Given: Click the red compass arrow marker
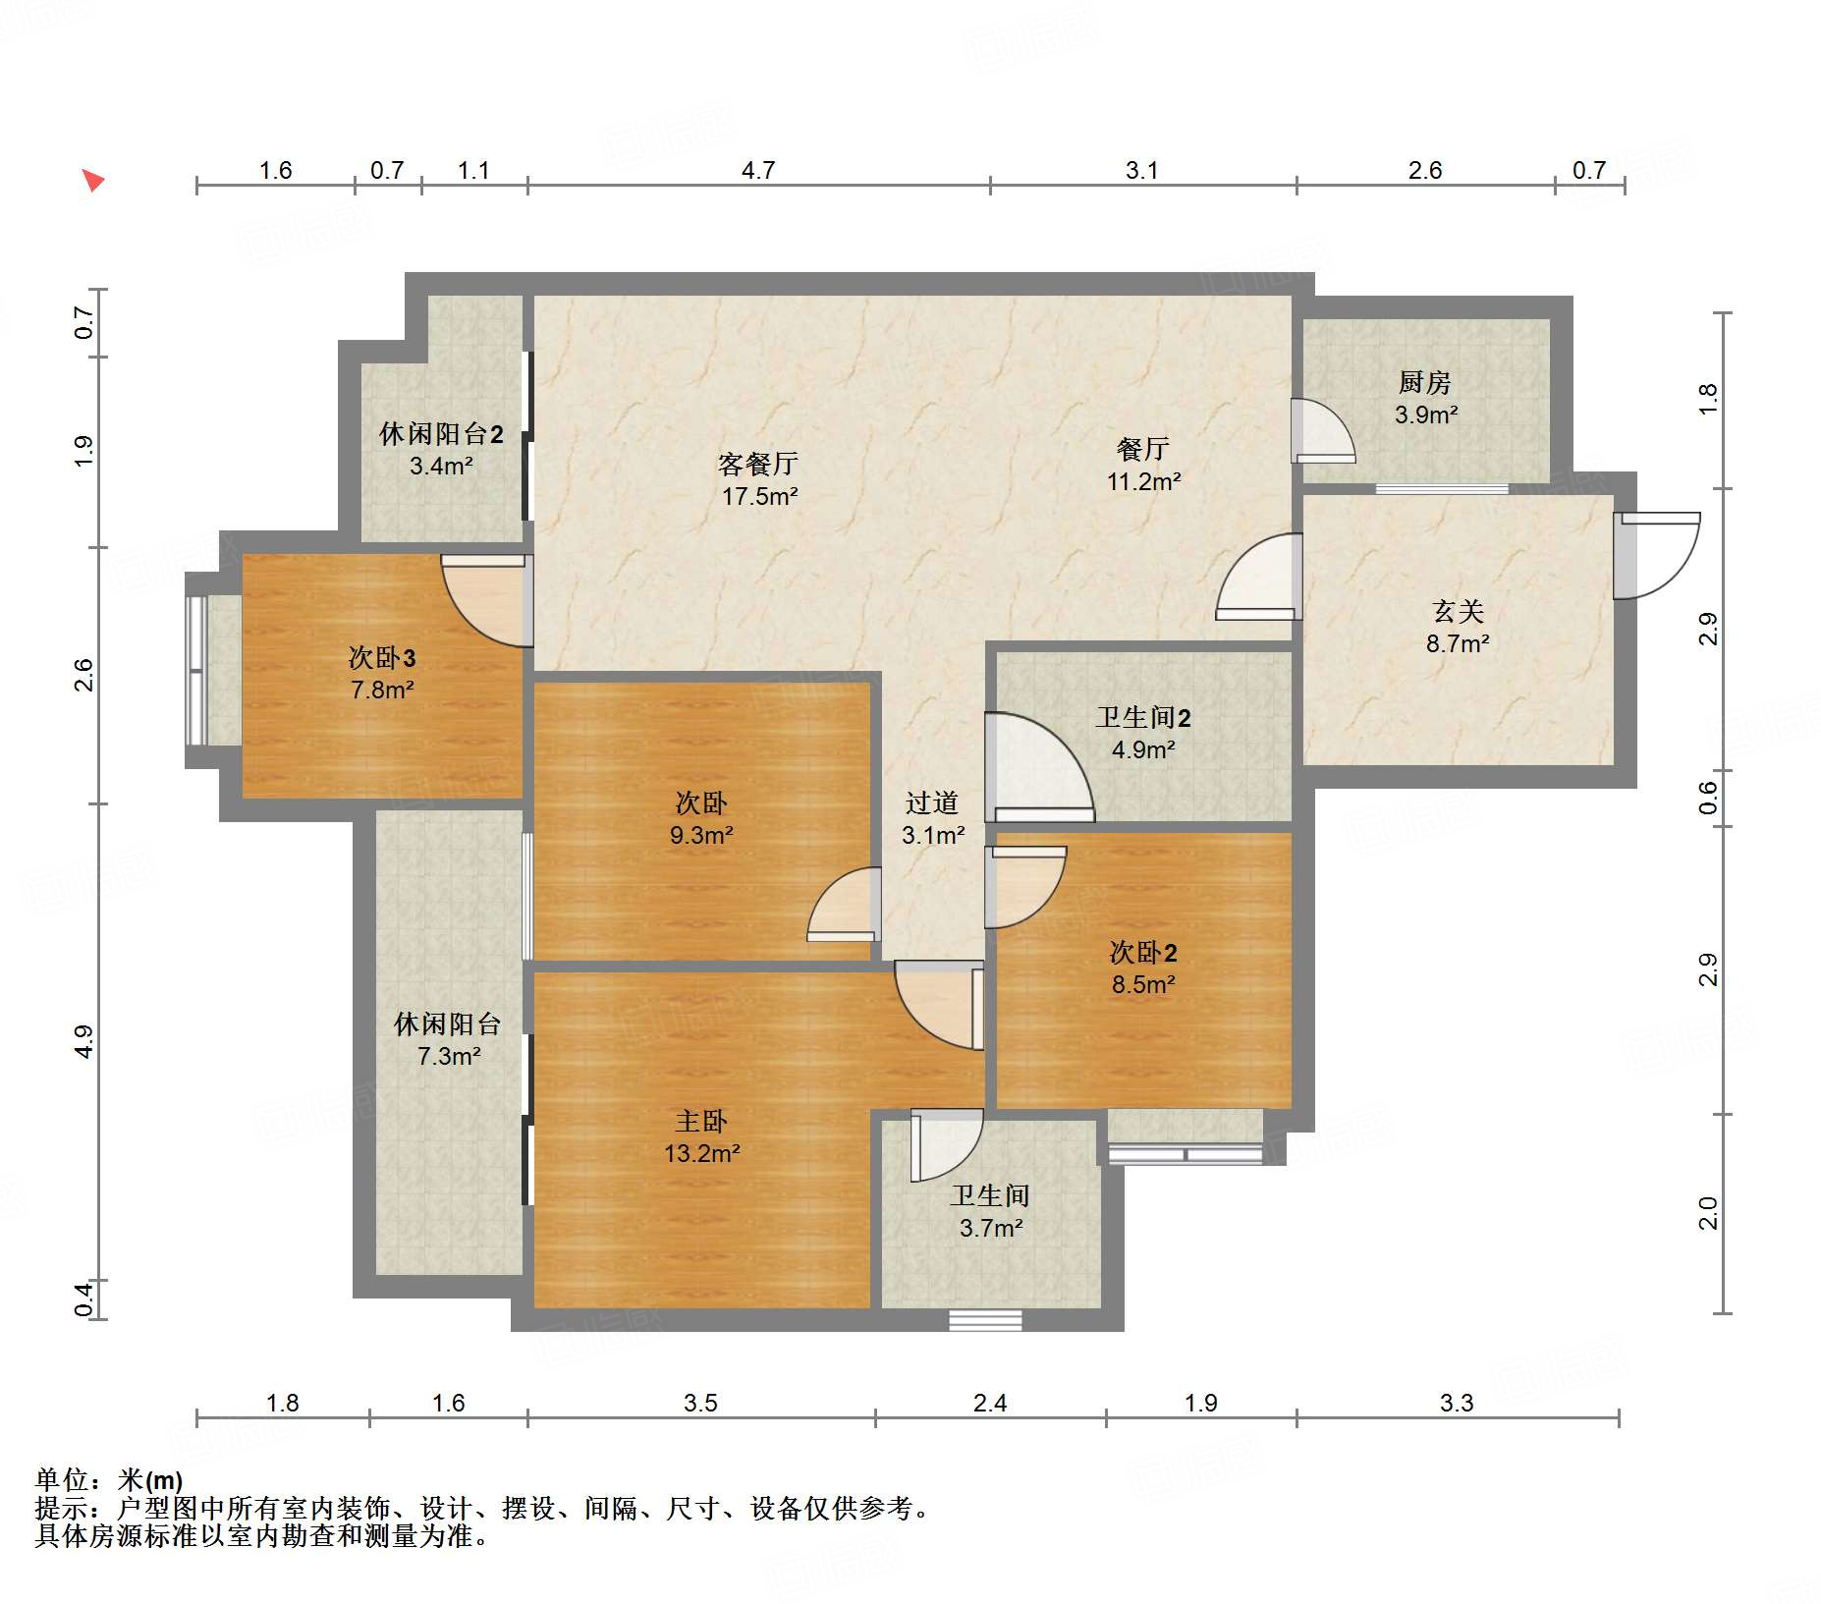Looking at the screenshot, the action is [x=93, y=181].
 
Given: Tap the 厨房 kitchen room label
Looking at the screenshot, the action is [x=1424, y=382].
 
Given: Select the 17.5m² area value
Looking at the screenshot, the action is [x=759, y=497].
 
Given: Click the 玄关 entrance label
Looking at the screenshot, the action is [x=1458, y=612].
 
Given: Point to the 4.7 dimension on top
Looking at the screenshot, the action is [x=758, y=171].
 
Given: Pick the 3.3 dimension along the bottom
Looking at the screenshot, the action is [x=1457, y=1403].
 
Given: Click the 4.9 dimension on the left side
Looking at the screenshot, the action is [x=84, y=1041].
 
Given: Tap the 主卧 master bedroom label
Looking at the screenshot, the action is [x=701, y=1122].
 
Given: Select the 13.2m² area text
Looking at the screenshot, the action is [x=701, y=1153].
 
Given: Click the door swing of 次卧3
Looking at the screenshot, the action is [x=483, y=601].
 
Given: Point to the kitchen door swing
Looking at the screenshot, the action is [x=1323, y=430].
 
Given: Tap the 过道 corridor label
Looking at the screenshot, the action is [x=932, y=803].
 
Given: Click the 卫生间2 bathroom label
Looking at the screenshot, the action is [x=1143, y=718].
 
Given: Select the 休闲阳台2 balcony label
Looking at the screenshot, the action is [x=441, y=434].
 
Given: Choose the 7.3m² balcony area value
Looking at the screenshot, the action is [x=449, y=1056].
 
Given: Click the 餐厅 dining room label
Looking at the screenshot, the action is [x=1143, y=450].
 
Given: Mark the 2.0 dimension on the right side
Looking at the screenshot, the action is [x=1708, y=1213].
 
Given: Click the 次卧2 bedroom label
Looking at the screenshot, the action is [x=1143, y=953].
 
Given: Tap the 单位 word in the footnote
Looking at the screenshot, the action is [x=62, y=1480].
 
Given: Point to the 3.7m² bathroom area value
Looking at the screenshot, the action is [x=991, y=1228].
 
